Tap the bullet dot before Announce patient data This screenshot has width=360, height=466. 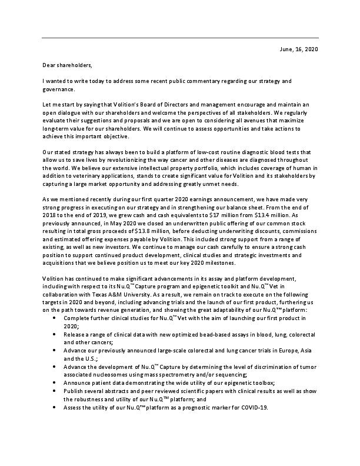55,382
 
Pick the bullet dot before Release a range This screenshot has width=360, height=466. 55,334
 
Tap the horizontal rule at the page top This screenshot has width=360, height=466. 180,38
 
